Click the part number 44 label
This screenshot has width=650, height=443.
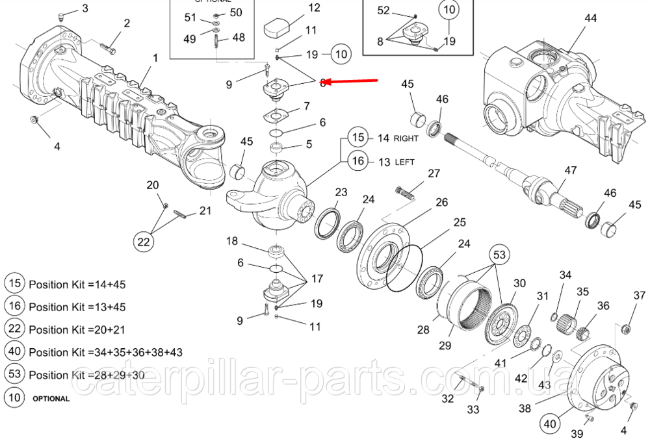tap(590, 19)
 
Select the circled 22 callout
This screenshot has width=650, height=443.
tap(144, 242)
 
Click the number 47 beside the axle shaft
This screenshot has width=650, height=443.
tap(570, 171)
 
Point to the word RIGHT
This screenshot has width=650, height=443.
tap(406, 138)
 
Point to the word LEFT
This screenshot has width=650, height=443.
tap(405, 162)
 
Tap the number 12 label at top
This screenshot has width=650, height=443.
tap(314, 8)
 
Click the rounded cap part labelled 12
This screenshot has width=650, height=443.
tap(279, 29)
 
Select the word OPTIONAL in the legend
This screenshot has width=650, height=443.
tap(51, 398)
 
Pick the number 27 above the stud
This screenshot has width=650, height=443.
tap(434, 173)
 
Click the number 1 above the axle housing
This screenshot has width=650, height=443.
tap(155, 58)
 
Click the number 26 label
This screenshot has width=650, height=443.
tap(441, 203)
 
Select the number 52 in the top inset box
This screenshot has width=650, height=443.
tap(383, 10)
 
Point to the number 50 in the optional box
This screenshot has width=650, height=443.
tap(235, 12)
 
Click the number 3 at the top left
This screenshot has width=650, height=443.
tap(85, 8)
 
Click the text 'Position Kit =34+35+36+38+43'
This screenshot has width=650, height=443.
tap(105, 352)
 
